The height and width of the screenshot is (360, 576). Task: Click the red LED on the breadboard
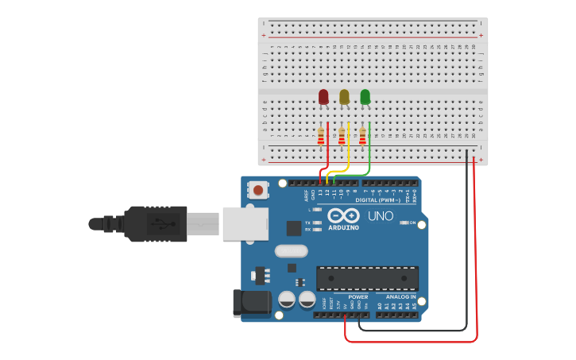click(323, 97)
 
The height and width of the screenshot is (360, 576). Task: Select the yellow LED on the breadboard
click(344, 97)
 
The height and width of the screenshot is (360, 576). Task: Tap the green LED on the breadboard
click(365, 97)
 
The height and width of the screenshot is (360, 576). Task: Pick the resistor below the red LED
click(321, 137)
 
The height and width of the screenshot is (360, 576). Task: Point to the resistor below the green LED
click(362, 137)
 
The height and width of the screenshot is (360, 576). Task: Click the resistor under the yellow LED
click(342, 137)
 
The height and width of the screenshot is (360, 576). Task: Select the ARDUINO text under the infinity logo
click(343, 228)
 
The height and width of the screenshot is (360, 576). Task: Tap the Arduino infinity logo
click(343, 216)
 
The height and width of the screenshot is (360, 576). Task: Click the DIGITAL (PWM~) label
click(377, 199)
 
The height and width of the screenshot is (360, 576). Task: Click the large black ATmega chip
click(367, 278)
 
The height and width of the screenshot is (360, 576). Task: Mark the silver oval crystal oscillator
click(291, 252)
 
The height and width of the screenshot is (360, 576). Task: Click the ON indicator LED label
click(412, 223)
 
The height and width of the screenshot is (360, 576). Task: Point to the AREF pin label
click(306, 194)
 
